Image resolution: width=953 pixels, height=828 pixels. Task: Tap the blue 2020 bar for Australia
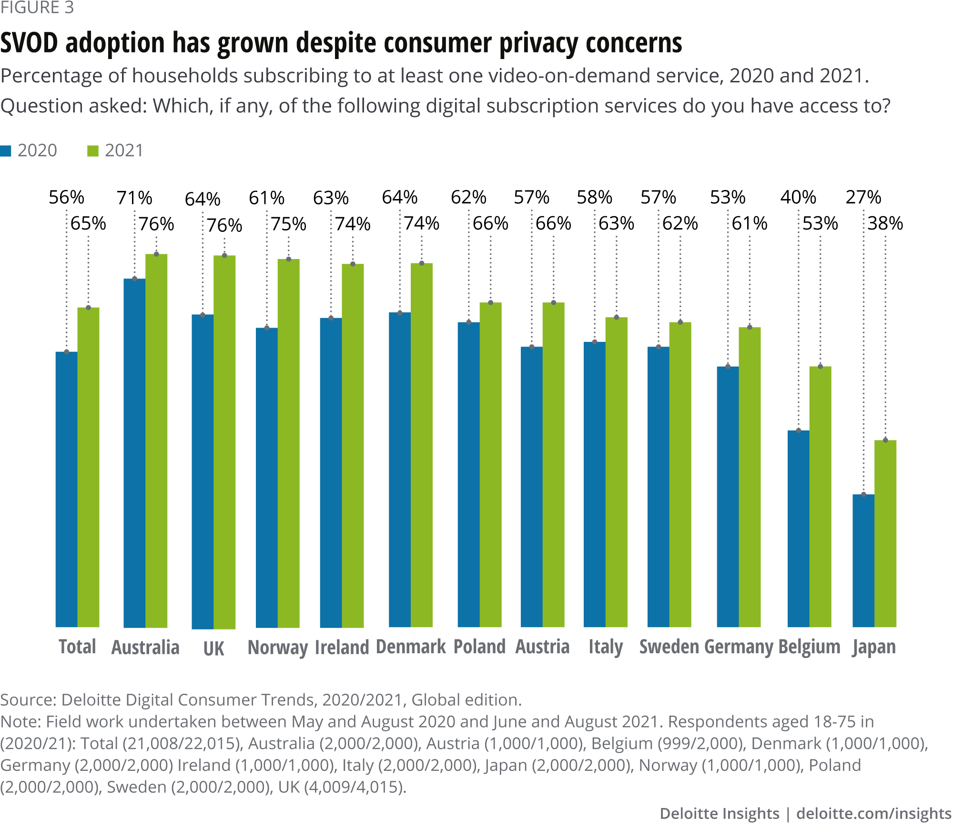(134, 453)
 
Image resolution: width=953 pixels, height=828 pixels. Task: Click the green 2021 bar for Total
(88, 467)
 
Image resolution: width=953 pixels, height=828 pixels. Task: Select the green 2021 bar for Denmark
(422, 445)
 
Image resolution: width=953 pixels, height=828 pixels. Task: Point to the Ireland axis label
(342, 647)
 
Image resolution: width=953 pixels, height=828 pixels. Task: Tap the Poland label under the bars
(479, 647)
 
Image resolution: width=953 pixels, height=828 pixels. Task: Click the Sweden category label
(669, 647)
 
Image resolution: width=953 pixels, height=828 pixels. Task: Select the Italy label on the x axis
(606, 647)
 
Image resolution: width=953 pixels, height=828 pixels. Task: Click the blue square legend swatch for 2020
(6, 151)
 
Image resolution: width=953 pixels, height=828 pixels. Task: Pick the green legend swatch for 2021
(93, 151)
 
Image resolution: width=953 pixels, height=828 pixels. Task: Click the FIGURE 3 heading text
(37, 8)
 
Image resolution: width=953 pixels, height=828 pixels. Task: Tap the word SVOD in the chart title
(29, 43)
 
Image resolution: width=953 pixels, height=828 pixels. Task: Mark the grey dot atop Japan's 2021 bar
(885, 440)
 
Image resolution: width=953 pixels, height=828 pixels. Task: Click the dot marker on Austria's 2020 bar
(532, 347)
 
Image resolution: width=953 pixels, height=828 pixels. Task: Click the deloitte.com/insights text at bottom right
(874, 813)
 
